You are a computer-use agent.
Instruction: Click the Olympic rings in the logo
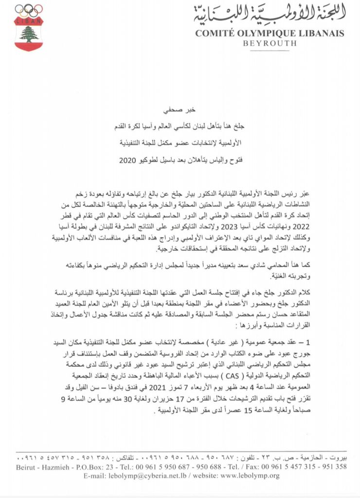pos(29,10)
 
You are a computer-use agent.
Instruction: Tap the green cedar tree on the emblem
pos(29,34)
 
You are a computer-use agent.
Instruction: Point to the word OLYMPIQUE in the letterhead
pos(267,34)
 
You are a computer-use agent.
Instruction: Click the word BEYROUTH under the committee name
pos(270,43)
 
